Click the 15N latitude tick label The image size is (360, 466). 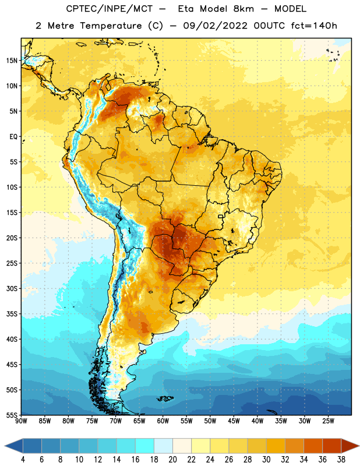pos(12,61)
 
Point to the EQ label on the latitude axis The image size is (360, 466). pos(13,137)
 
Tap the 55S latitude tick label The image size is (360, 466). pos(12,415)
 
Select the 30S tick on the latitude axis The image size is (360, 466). pos(12,288)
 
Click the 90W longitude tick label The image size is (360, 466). pos(21,421)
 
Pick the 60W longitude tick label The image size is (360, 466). pos(163,421)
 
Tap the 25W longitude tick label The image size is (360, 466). pos(328,421)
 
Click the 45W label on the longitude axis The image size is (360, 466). pos(234,421)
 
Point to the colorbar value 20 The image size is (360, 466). pos(172,460)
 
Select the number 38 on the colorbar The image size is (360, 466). pos(341,460)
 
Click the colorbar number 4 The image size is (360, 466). pos(23,460)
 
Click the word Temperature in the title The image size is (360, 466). pos(111,26)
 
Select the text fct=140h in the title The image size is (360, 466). pos(314,26)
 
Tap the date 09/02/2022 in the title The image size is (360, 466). pos(215,26)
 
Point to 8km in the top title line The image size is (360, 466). pos(243,9)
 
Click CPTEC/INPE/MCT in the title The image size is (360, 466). pos(109,9)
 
